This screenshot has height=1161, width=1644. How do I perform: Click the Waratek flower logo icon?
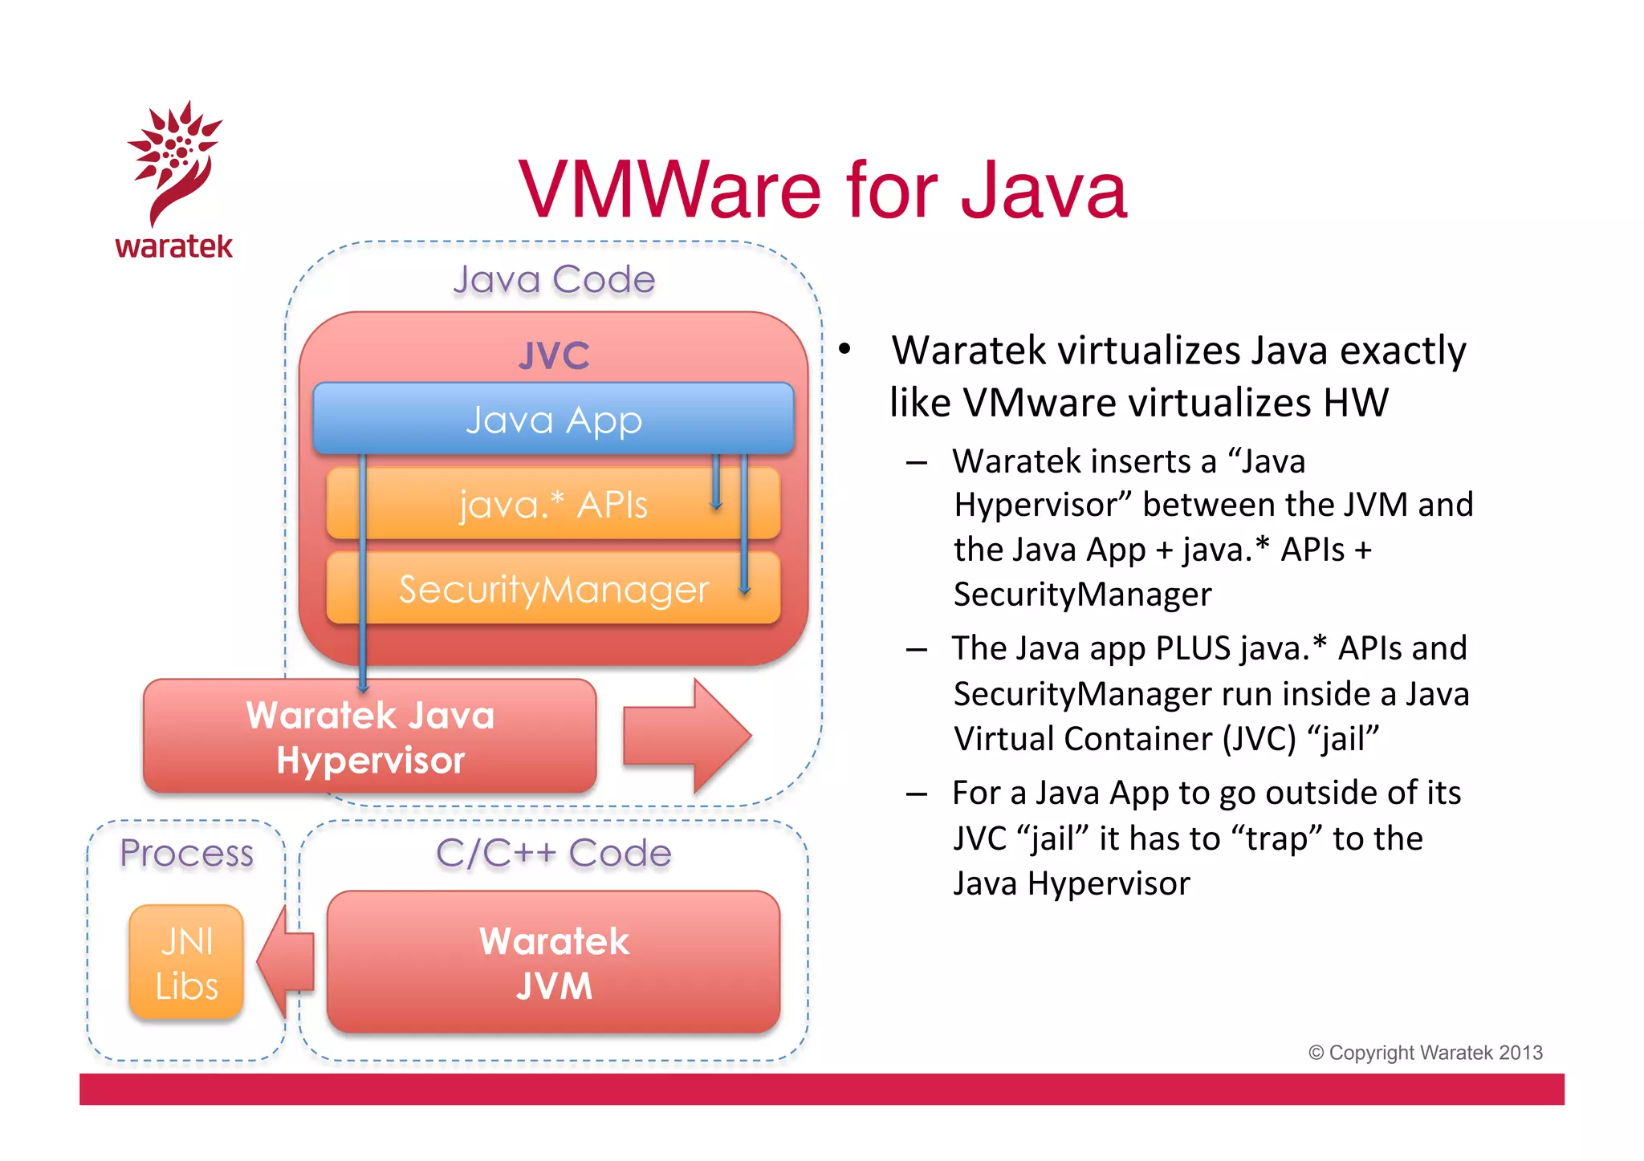(174, 160)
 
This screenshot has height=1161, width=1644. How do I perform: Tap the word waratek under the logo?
(173, 246)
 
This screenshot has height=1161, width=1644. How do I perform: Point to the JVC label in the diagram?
(553, 355)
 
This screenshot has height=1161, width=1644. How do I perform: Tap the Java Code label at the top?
(554, 280)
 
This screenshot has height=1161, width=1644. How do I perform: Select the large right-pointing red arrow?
(686, 735)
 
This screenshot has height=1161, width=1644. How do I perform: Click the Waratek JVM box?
(553, 963)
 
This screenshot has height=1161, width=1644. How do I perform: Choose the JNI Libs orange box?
(186, 963)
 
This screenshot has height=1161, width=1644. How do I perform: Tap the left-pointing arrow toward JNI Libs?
(285, 961)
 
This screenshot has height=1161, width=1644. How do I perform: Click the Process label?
(186, 853)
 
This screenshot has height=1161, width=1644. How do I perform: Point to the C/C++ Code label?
(553, 853)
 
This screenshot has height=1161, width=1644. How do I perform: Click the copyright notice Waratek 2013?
(1426, 1053)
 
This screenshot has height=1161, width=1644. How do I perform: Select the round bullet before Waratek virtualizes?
(844, 350)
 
